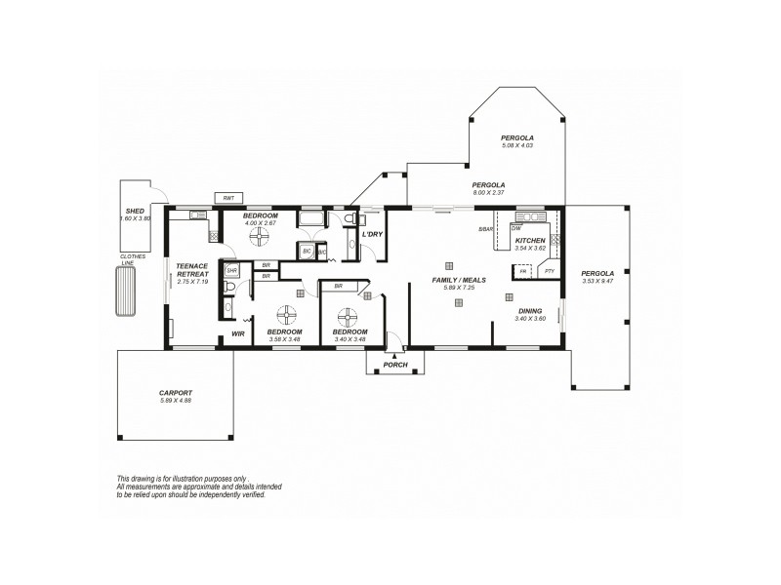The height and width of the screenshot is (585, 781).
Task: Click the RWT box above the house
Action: [x=228, y=198]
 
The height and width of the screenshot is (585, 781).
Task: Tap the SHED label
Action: [x=136, y=211]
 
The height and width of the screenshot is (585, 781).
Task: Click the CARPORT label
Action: [x=176, y=393]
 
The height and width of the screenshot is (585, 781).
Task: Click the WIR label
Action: [x=237, y=334]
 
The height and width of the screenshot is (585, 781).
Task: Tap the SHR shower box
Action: [x=232, y=270]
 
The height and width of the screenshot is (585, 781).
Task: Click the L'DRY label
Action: [x=372, y=235]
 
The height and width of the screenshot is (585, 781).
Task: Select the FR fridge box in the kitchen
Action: [x=523, y=271]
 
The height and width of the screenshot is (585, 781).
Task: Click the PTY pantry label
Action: [x=549, y=271]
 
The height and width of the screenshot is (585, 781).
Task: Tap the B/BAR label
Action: [x=485, y=229]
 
